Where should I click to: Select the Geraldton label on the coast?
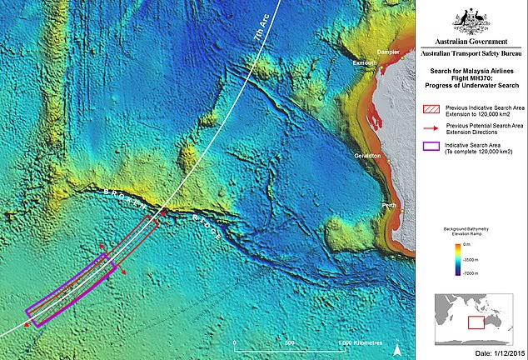(366, 156)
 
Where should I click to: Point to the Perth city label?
(388, 204)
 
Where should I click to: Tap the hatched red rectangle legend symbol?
(431, 109)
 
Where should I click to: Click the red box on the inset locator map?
(476, 322)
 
